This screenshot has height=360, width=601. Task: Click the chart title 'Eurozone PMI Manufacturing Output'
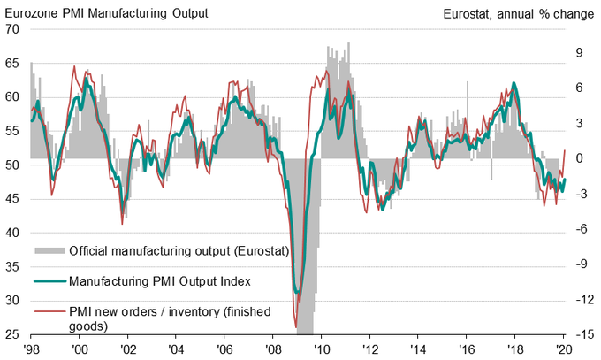tap(106, 11)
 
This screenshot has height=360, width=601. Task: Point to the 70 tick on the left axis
tap(14, 28)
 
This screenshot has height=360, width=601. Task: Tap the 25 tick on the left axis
tap(14, 335)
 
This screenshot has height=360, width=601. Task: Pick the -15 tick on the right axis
tap(581, 335)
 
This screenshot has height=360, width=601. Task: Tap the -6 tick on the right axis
tap(580, 229)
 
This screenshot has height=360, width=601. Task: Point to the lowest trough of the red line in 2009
tap(295, 327)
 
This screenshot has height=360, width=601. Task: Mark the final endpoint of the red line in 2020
tap(565, 151)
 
